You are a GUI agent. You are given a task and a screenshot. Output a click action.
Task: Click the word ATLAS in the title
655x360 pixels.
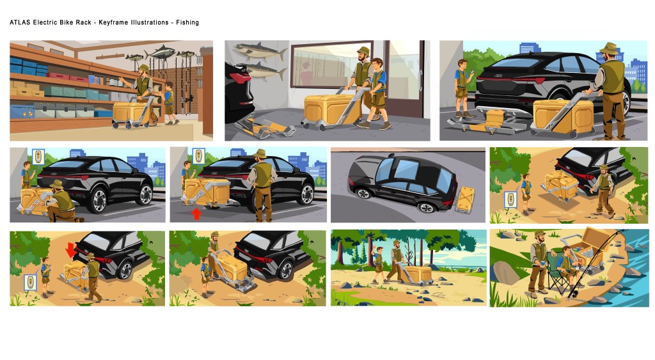[20, 22]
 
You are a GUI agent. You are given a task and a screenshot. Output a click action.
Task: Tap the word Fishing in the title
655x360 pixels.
[187, 22]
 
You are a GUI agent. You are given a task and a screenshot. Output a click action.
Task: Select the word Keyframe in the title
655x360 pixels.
[113, 22]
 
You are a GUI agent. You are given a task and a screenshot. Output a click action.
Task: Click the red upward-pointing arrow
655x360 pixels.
[196, 214]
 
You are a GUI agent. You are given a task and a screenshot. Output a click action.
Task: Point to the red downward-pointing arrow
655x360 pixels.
[70, 251]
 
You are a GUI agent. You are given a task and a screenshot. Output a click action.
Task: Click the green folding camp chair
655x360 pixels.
[558, 274]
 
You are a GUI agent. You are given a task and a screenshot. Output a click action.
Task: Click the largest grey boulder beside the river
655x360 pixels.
[505, 272]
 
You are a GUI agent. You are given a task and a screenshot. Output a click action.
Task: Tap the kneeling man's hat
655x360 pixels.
[56, 184]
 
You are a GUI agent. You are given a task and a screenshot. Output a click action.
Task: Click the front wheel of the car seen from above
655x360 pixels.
[363, 193]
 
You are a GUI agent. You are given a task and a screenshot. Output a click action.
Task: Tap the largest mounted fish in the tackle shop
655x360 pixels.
[160, 52]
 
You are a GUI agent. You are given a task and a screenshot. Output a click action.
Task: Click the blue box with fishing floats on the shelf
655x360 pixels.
[23, 111]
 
